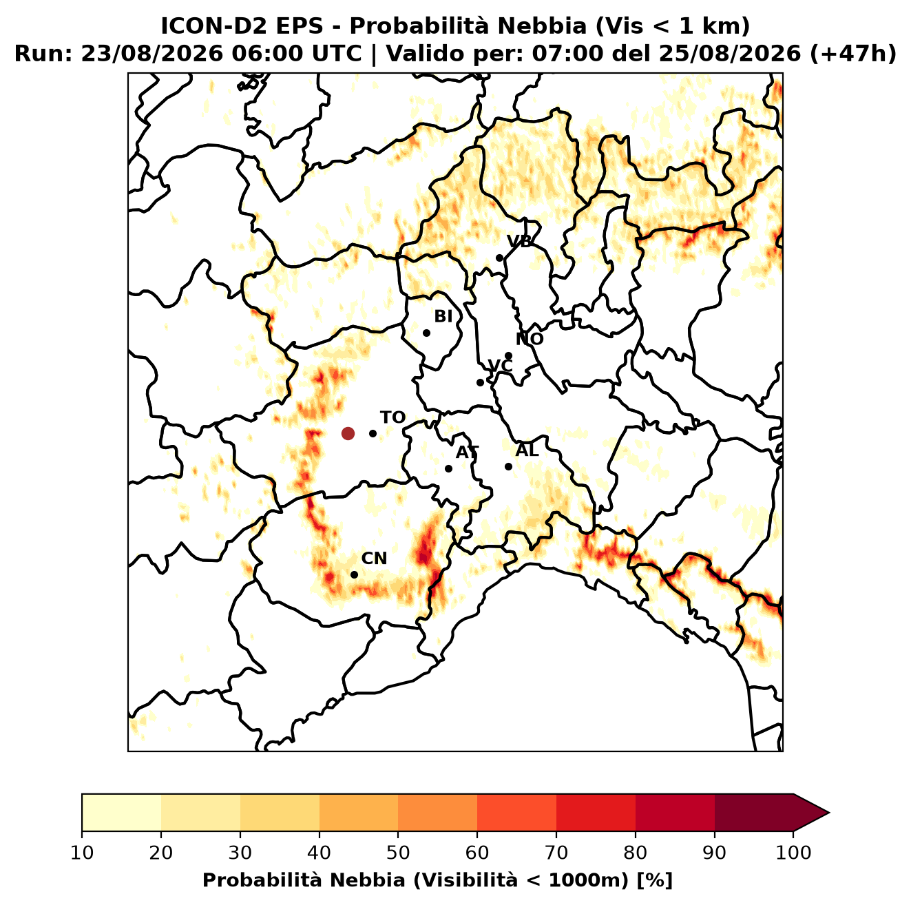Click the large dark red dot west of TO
tap(348, 433)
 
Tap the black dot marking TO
tap(373, 433)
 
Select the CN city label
tap(374, 559)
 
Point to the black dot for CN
tap(354, 574)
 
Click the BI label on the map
tap(443, 317)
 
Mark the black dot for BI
tap(426, 333)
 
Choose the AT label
tap(467, 452)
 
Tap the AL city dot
tap(508, 466)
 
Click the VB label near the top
tap(519, 241)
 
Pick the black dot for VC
tap(481, 382)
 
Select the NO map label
tap(530, 339)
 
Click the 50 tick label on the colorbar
tap(398, 853)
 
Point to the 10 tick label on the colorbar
tap(82, 853)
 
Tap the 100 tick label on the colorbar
tap(794, 853)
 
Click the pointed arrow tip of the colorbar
tap(829, 813)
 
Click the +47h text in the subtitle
tap(852, 54)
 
